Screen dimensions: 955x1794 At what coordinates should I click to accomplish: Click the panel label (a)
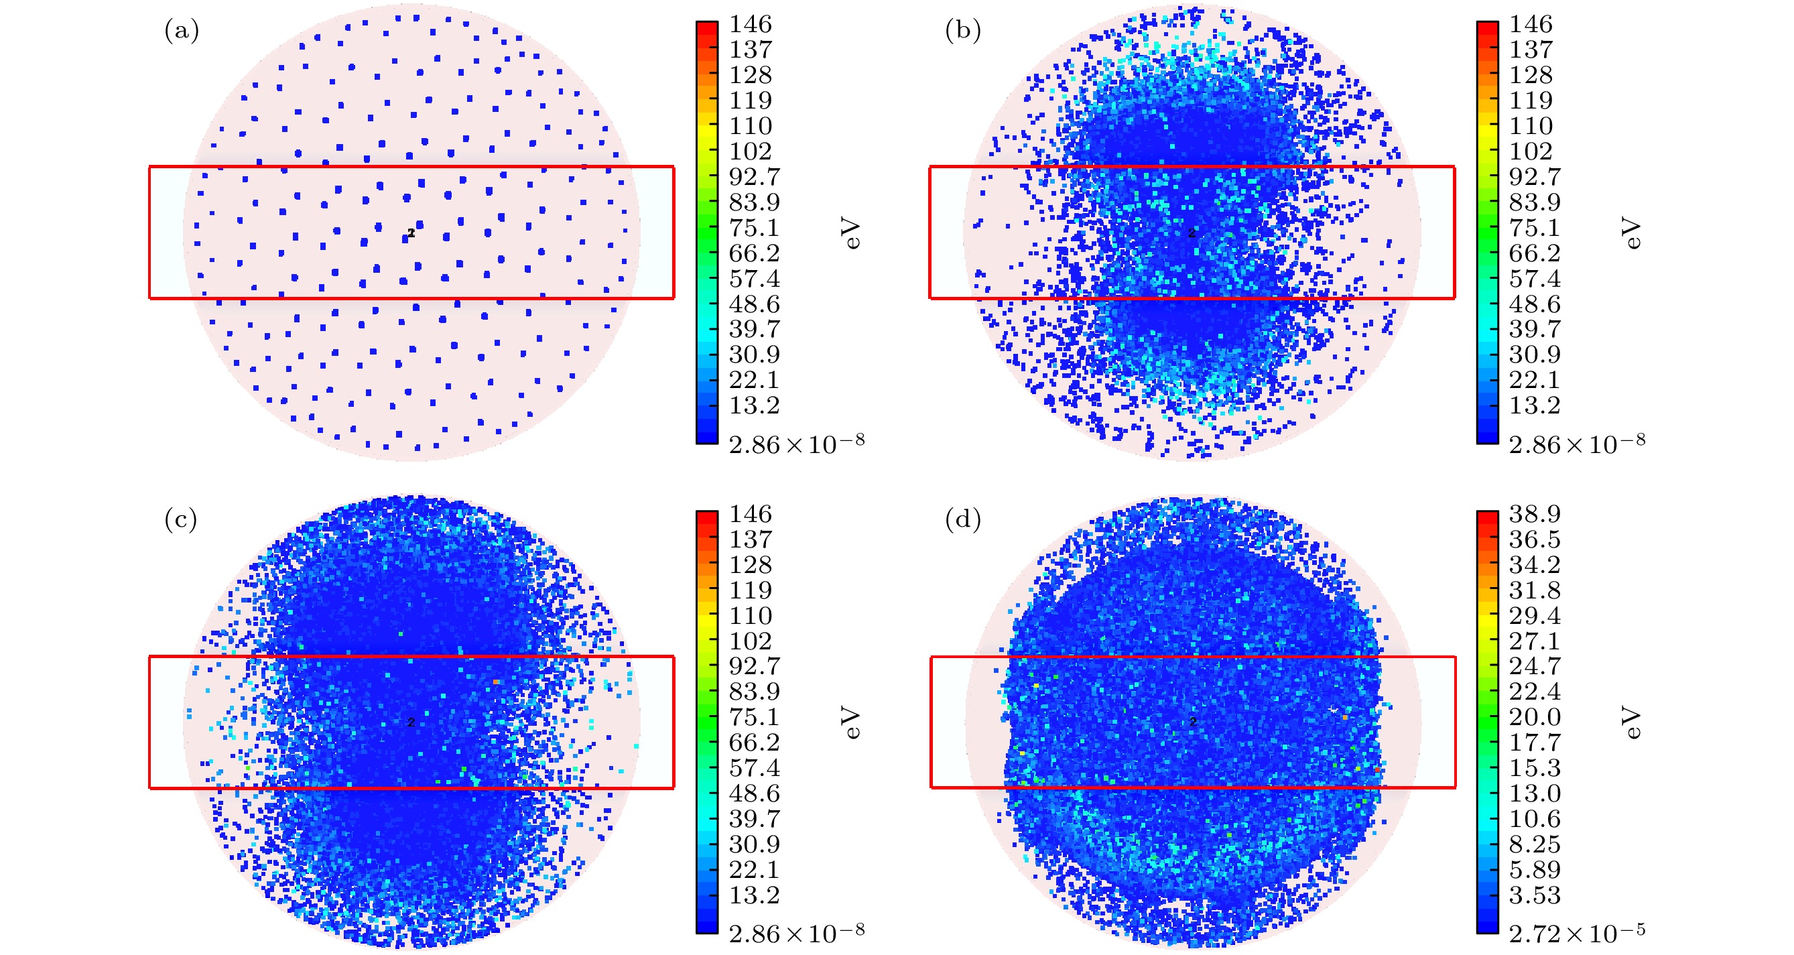[181, 31]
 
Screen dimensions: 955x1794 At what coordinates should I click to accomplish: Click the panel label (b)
[962, 31]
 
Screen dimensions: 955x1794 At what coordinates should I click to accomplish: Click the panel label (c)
[181, 519]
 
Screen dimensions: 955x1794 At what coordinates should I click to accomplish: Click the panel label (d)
[962, 519]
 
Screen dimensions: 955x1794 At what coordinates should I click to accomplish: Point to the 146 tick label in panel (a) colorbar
[750, 24]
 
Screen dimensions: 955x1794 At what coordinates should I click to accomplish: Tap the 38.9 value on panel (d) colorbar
[1534, 514]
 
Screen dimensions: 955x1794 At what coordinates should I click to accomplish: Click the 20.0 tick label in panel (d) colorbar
[1534, 717]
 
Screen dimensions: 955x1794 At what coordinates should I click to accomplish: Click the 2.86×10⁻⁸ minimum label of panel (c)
[796, 932]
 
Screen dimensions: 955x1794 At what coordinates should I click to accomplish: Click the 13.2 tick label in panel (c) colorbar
[753, 895]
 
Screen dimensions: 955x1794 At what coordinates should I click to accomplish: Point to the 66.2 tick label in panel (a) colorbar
[753, 253]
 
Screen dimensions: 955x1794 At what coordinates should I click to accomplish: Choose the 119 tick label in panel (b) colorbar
[1531, 101]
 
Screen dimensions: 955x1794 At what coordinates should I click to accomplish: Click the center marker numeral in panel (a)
[411, 233]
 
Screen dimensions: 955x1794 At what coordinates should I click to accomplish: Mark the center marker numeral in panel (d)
[1192, 722]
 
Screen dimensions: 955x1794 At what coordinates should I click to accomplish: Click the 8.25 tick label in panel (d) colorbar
[1534, 844]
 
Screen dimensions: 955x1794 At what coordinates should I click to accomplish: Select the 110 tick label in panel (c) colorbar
[750, 616]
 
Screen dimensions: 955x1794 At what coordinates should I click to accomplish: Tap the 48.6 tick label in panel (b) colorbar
[1534, 304]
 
